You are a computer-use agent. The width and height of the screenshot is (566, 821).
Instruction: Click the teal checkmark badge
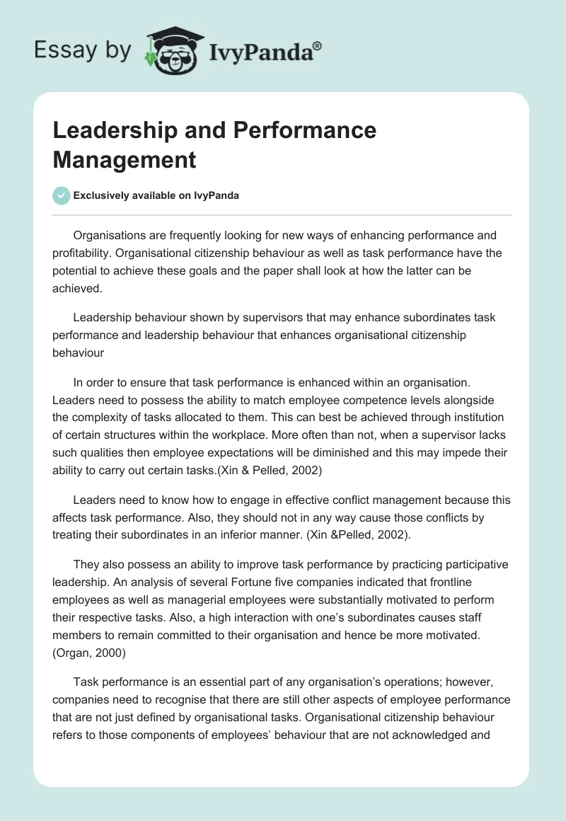[x=62, y=195]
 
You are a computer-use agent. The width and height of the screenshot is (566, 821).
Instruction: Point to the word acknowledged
[x=434, y=733]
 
